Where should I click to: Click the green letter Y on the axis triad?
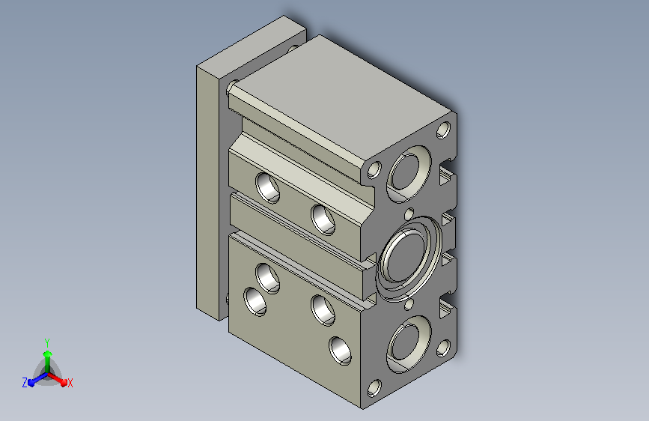pos(47,342)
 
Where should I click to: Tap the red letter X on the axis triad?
pos(70,384)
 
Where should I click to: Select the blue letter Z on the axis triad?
pos(25,383)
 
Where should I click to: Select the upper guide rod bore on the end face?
pos(409,174)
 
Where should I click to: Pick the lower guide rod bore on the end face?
pos(409,345)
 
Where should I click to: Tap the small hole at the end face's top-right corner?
pos(443,130)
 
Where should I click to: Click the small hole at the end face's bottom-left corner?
pos(374,388)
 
